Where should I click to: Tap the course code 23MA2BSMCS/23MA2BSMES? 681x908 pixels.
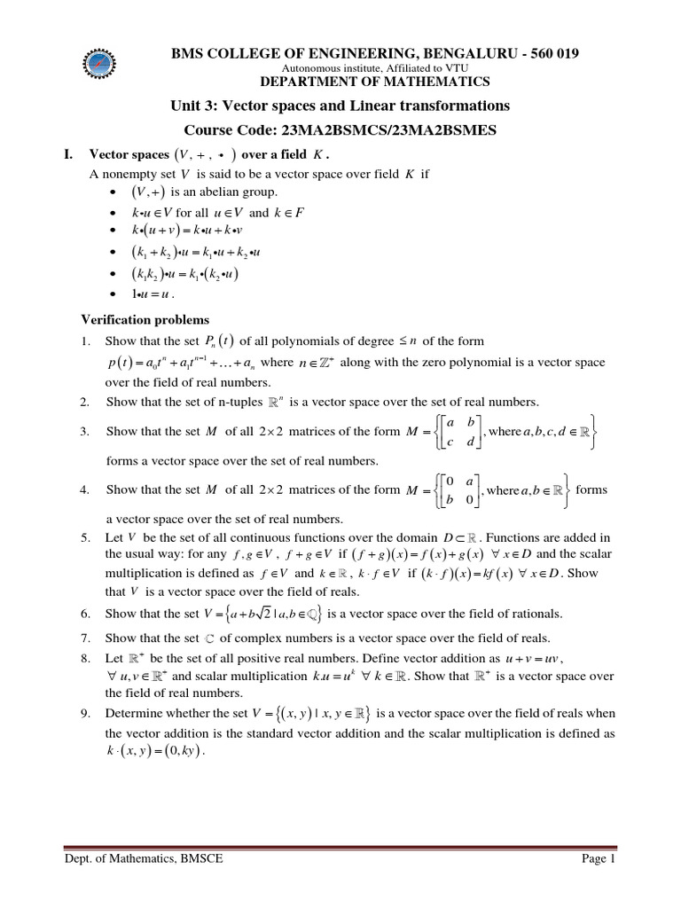tap(389, 129)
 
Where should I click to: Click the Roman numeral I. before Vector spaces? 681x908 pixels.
tap(68, 154)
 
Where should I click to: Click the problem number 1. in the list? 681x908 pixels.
tap(86, 341)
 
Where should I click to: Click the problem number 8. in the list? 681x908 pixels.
tap(86, 659)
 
